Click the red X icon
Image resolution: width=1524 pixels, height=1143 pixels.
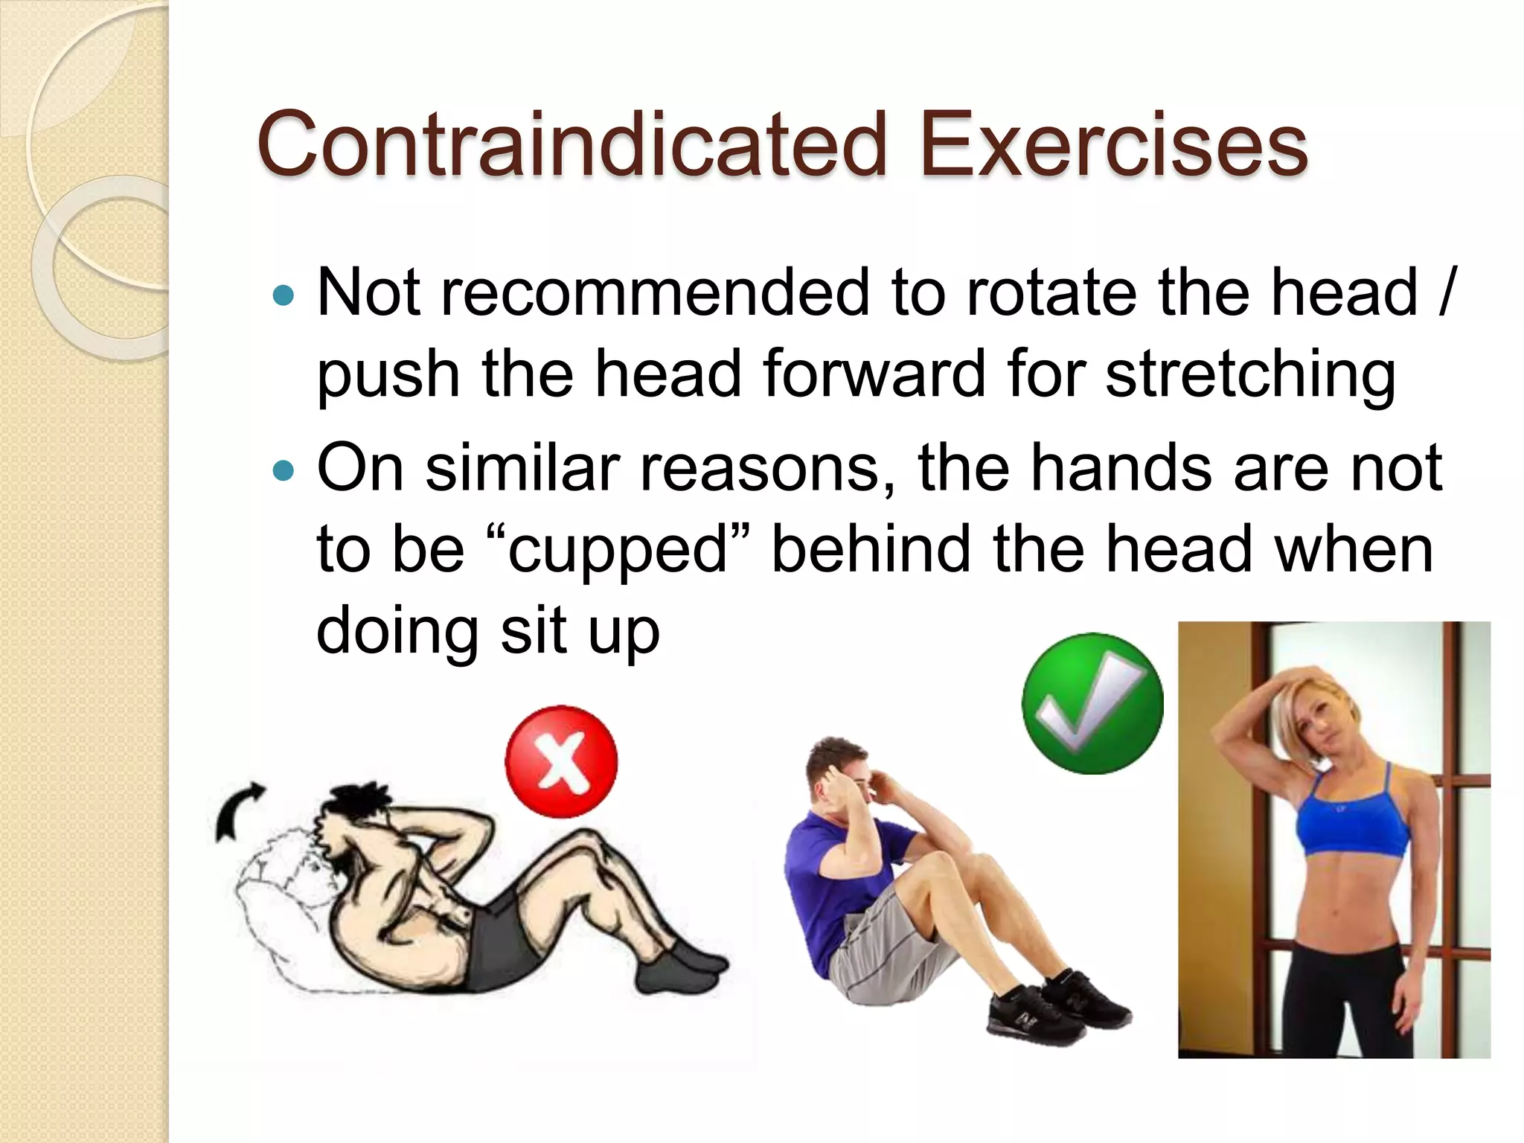tap(561, 761)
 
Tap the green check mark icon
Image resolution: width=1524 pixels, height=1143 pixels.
tap(1092, 703)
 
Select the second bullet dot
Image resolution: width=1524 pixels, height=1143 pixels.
tap(284, 472)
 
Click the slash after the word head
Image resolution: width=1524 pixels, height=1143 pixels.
tap(1445, 293)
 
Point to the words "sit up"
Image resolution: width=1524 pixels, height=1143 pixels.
tap(580, 631)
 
